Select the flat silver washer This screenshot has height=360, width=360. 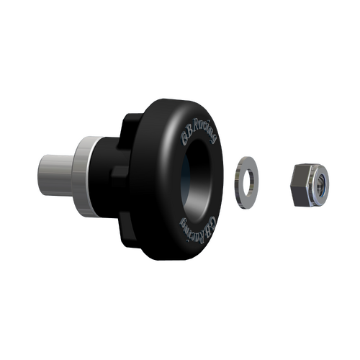[247, 181]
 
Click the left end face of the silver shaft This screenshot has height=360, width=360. [38, 174]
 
